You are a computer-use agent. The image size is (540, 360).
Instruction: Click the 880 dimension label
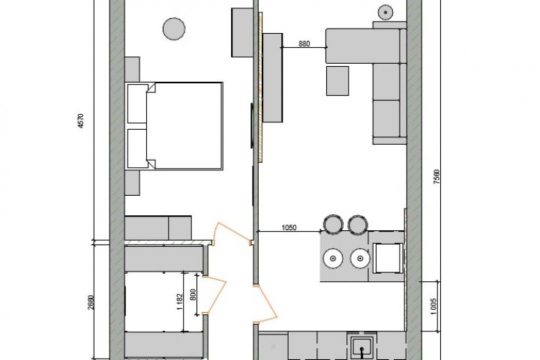(x=304, y=43)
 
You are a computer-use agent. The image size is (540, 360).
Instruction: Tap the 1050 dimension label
(x=289, y=228)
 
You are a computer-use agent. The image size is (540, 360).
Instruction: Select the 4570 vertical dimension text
(x=80, y=121)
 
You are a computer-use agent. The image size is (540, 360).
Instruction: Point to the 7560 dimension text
(x=436, y=176)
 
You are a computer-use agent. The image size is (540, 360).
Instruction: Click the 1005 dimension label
(x=433, y=306)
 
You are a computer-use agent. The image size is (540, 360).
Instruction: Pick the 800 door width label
(x=193, y=295)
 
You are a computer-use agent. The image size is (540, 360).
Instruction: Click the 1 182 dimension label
(x=180, y=301)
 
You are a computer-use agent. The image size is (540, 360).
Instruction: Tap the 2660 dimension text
(x=91, y=302)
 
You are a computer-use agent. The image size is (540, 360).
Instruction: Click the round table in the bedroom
(x=174, y=29)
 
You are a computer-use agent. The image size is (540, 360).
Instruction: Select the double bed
(x=174, y=126)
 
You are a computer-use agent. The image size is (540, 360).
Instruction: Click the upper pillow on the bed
(x=138, y=103)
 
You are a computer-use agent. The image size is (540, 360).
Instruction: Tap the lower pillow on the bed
(x=138, y=148)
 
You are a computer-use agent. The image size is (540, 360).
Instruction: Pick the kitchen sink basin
(x=361, y=348)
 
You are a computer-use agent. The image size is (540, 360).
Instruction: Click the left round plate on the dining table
(x=333, y=258)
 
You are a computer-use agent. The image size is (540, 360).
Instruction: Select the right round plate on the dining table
(x=360, y=258)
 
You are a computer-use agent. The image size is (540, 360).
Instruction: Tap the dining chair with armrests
(x=388, y=258)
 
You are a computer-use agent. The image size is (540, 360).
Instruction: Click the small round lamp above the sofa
(x=385, y=13)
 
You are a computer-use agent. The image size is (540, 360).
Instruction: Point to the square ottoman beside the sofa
(x=337, y=81)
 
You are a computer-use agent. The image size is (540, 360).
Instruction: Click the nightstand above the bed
(x=132, y=69)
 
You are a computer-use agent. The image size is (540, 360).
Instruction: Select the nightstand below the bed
(x=132, y=183)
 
